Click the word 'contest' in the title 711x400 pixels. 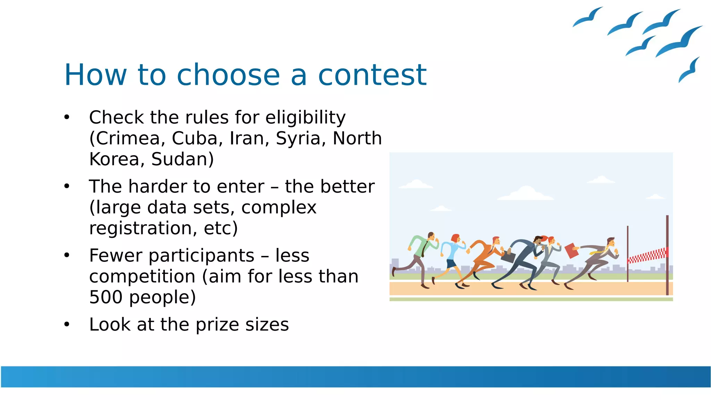point(372,75)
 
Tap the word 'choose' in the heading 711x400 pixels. point(228,75)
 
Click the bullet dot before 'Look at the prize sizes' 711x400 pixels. point(67,325)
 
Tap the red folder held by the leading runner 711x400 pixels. point(571,251)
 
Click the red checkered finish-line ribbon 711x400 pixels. point(647,256)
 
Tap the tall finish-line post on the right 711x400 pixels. point(667,255)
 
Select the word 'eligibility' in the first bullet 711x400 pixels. point(305,117)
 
